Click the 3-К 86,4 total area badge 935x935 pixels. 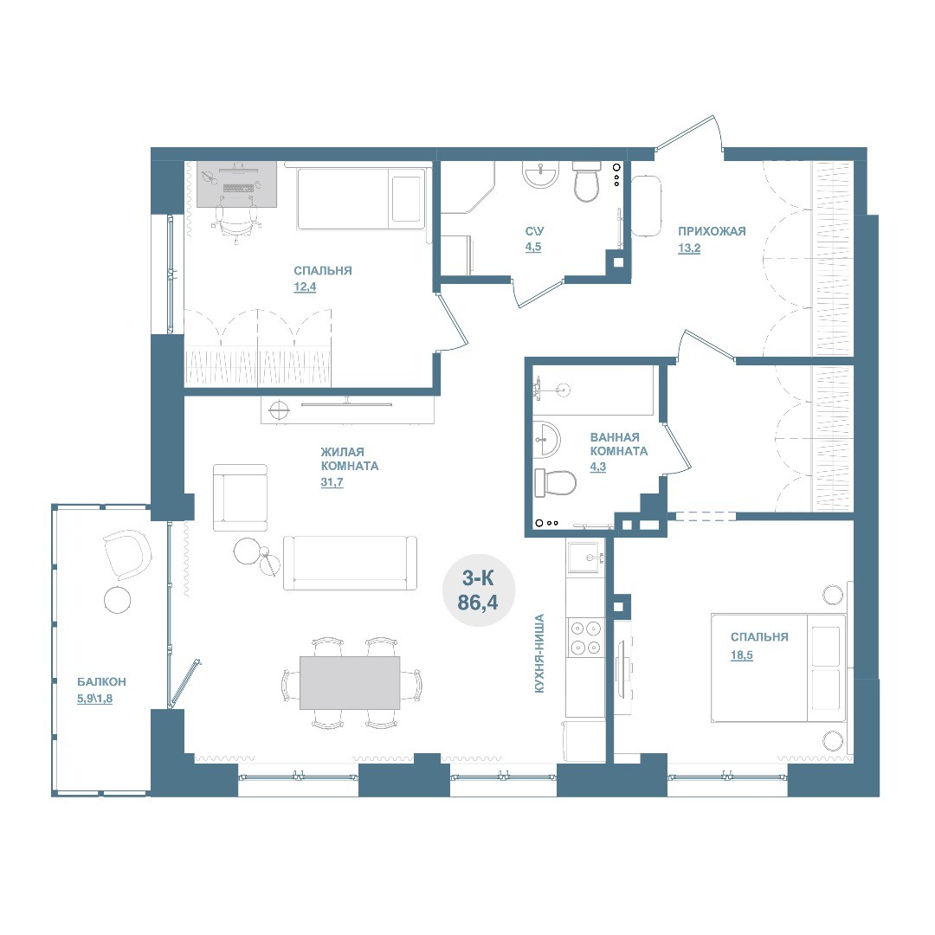coord(478,590)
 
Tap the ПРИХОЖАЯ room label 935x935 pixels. coord(712,231)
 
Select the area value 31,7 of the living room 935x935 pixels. coord(332,482)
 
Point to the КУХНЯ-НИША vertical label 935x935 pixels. coord(539,654)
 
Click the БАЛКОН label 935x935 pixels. coord(101,681)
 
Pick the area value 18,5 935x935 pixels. coord(742,654)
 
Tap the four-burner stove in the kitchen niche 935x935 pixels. coord(585,637)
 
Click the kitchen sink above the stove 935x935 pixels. coord(587,558)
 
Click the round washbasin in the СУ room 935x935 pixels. coord(540,174)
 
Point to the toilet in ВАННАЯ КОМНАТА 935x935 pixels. coord(555,482)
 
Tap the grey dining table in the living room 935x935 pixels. coord(350,683)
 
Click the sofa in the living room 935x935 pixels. coord(350,563)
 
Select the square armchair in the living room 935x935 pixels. coord(240,497)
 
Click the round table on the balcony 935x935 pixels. coord(118,599)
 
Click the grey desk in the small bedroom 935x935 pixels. coord(236,184)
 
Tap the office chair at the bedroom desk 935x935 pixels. coord(236,225)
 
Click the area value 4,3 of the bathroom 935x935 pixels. coord(597,467)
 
